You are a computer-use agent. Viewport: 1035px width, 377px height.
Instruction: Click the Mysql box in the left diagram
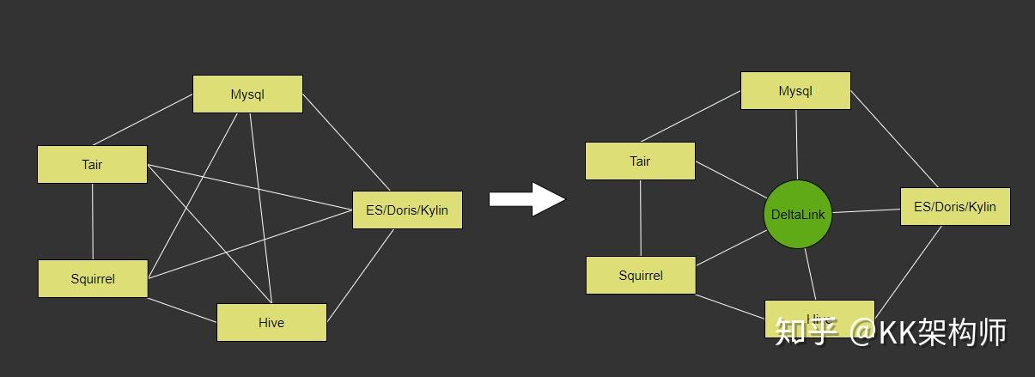pos(247,94)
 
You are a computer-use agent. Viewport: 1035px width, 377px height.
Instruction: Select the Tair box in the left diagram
pos(92,164)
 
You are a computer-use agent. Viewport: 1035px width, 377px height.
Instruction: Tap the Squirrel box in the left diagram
pos(93,278)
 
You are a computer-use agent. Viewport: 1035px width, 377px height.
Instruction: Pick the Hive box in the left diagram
pos(271,322)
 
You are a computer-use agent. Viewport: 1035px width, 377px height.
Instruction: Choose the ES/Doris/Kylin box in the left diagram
pos(407,210)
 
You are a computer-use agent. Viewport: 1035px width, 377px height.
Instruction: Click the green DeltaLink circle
pos(798,215)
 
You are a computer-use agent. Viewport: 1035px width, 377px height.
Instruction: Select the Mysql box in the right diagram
pos(795,90)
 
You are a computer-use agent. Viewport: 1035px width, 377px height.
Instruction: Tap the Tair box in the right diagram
pos(640,161)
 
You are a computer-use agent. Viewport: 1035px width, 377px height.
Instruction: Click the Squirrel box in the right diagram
pos(641,275)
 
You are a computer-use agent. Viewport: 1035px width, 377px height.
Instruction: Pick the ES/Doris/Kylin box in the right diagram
pos(955,206)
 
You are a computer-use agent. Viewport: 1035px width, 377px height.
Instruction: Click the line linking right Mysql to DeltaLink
pos(796,144)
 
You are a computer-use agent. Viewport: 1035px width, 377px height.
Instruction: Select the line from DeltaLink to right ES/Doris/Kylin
pos(866,210)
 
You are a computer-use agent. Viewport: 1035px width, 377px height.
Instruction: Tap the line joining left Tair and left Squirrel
pos(93,222)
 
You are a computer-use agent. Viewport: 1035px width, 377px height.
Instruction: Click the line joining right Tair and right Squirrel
pos(641,218)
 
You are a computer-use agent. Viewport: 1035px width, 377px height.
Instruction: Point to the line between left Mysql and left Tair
pos(143,119)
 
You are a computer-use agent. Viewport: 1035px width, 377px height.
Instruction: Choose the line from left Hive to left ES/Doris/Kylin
pos(360,275)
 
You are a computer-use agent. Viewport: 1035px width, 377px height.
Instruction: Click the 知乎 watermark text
pos(805,331)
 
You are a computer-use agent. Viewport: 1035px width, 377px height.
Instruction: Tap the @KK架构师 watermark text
pos(928,331)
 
